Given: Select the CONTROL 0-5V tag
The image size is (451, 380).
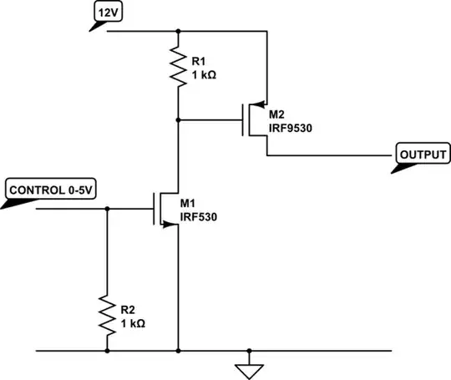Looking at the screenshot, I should pyautogui.click(x=51, y=190).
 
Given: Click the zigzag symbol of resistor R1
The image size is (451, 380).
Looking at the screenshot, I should pyautogui.click(x=178, y=68).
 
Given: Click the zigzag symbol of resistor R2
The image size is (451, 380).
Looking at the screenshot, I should pyautogui.click(x=107, y=312).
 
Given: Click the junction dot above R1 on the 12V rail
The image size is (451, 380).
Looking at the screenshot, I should pyautogui.click(x=178, y=32).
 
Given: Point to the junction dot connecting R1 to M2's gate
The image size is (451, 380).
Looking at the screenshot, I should pyautogui.click(x=178, y=119).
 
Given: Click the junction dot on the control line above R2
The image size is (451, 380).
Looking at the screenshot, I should pyautogui.click(x=107, y=209).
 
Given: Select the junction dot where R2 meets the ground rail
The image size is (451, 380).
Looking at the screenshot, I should pyautogui.click(x=107, y=351).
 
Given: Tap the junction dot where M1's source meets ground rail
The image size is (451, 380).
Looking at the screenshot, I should pyautogui.click(x=178, y=351).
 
